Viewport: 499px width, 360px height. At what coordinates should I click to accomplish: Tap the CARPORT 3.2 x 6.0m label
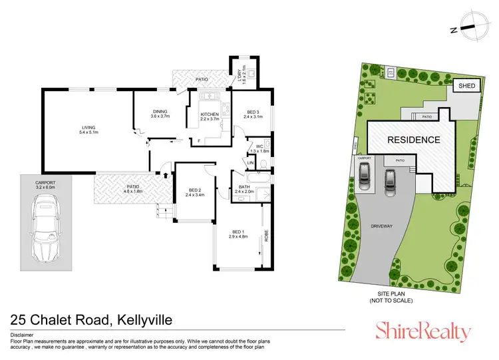click(x=46, y=184)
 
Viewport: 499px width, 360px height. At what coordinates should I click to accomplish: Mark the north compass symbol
click(x=468, y=29)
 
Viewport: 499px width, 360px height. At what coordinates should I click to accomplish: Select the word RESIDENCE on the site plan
click(x=415, y=140)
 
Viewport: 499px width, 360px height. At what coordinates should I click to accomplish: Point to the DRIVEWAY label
click(x=382, y=226)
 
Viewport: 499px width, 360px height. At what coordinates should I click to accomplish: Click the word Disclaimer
click(x=23, y=335)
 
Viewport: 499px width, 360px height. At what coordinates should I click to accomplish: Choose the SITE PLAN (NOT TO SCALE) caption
click(x=391, y=297)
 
